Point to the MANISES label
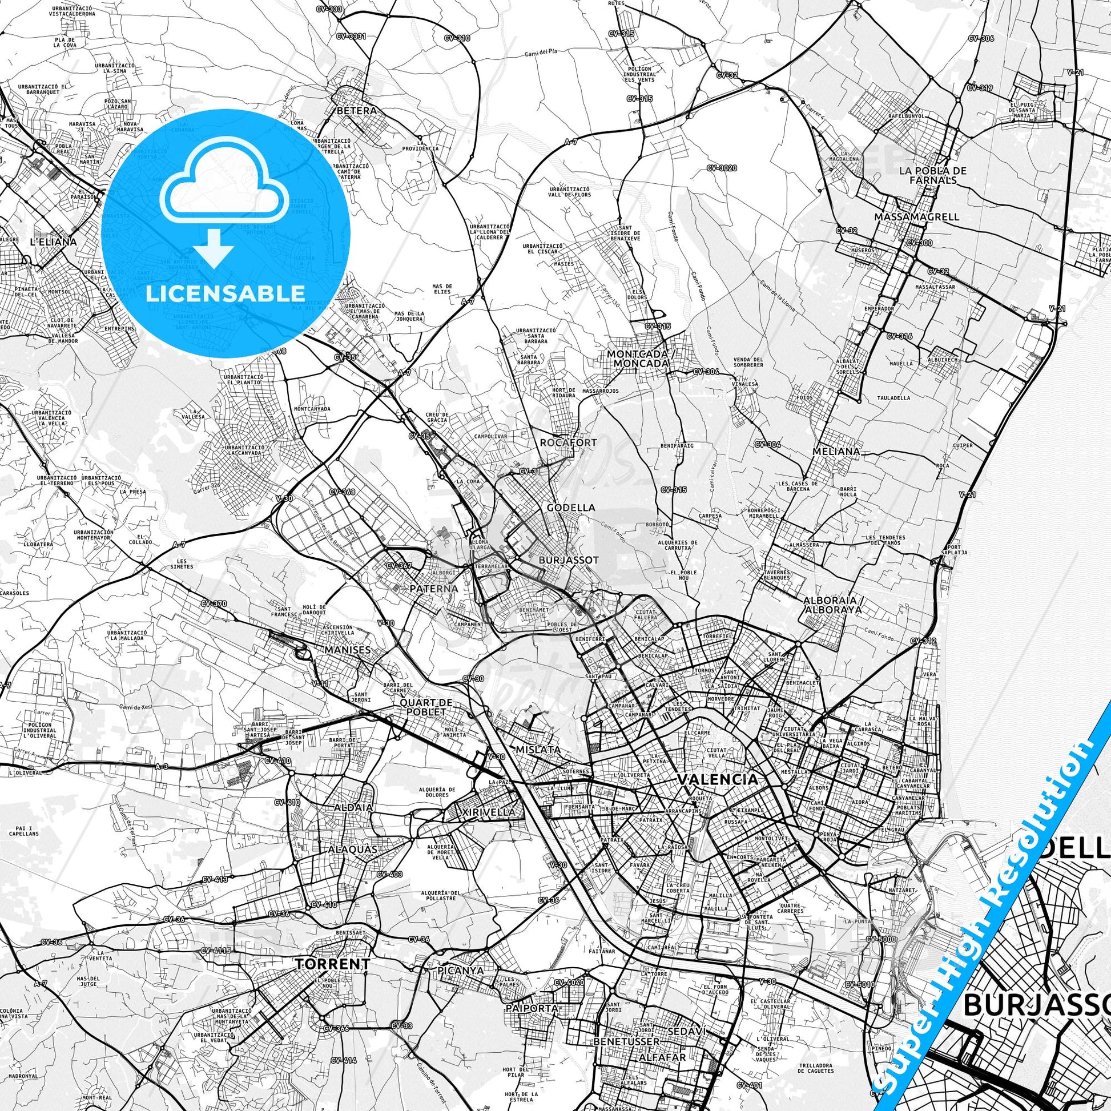point(346,650)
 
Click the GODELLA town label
point(563,508)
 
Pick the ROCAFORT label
point(560,443)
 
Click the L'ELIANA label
point(53,242)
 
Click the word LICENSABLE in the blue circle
point(225,293)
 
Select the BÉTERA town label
point(356,110)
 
